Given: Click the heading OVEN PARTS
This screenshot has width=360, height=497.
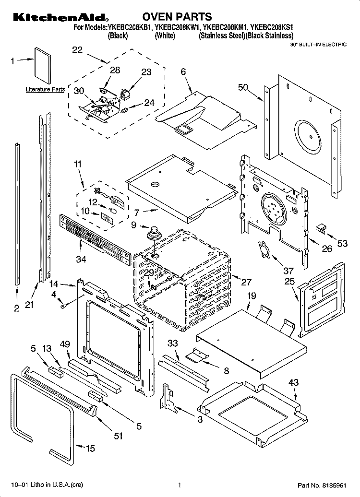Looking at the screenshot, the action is point(177,16).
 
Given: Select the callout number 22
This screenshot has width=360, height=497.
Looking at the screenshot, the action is point(77,50).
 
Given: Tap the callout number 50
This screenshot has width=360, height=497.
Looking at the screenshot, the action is point(243,87).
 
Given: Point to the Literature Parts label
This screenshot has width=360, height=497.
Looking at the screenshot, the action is point(45,89).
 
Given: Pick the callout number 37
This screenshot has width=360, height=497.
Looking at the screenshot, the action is point(288,271).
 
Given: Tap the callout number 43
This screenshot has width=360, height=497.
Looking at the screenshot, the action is point(293,382).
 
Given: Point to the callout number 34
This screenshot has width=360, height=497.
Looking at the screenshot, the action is point(81,259).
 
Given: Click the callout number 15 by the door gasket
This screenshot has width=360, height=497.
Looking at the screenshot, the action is point(90,448).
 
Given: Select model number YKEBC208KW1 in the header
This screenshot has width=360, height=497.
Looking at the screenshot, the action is point(177,28).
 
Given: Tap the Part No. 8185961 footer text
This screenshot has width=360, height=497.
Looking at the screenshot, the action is point(322,485).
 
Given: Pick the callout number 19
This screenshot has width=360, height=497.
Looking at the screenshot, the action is point(251,296).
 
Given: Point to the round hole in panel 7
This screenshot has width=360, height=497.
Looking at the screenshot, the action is point(156,184).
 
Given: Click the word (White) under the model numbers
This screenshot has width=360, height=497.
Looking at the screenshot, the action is point(165,36).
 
